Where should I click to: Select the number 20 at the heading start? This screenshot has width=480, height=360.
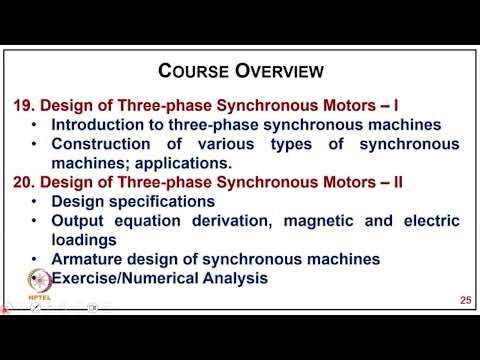pyautogui.click(x=21, y=182)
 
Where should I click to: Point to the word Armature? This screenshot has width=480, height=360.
pyautogui.click(x=89, y=258)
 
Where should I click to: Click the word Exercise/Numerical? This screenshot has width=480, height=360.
pyautogui.click(x=123, y=277)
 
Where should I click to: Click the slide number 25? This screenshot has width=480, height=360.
pyautogui.click(x=464, y=300)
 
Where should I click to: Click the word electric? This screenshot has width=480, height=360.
pyautogui.click(x=426, y=220)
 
